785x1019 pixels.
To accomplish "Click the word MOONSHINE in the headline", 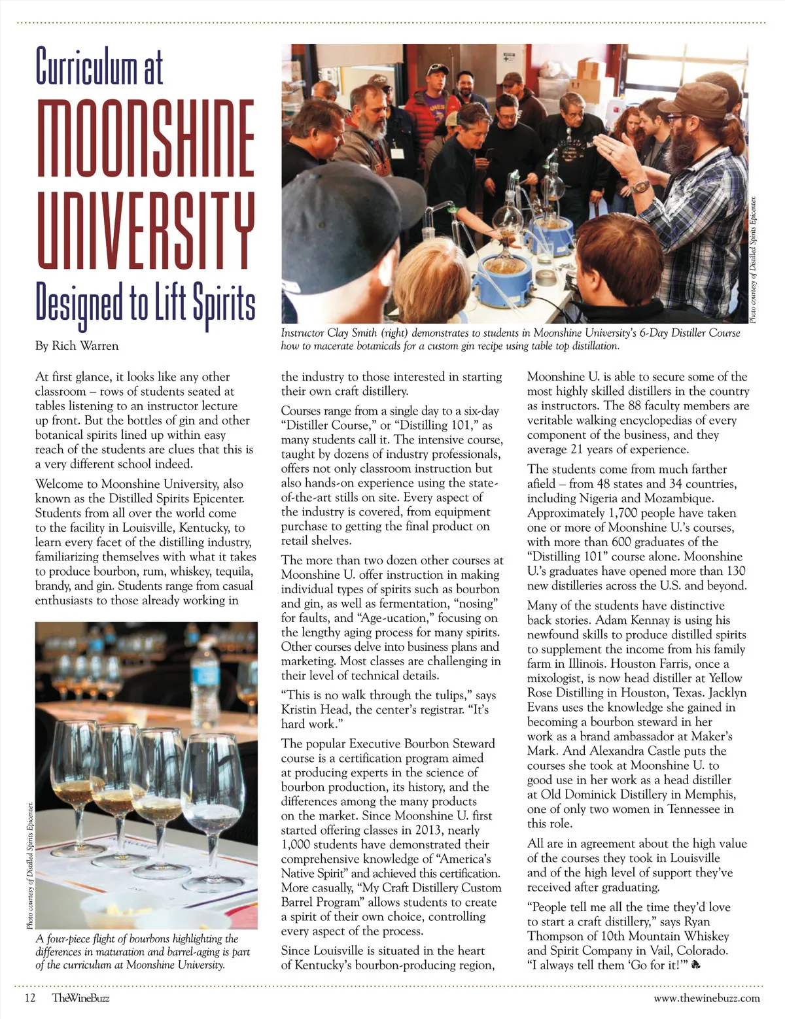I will [145, 139].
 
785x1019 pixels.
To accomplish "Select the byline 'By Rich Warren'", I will [77, 346].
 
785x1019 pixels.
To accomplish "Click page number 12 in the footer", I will [29, 998].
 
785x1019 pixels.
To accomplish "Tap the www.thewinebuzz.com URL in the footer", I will [706, 998].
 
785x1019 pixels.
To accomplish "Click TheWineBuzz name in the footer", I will [80, 998].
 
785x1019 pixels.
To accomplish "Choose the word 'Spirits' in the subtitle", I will [223, 303].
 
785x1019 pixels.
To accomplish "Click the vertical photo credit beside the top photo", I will [753, 260].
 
